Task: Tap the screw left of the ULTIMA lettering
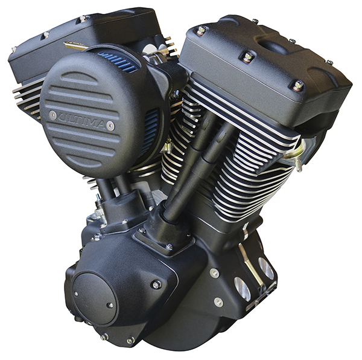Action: pos(53,114)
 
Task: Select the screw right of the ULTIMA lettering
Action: pos(110,125)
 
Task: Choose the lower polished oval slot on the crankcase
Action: pos(242,289)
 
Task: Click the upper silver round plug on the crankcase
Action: pos(214,273)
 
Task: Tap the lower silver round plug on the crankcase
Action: pos(218,301)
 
